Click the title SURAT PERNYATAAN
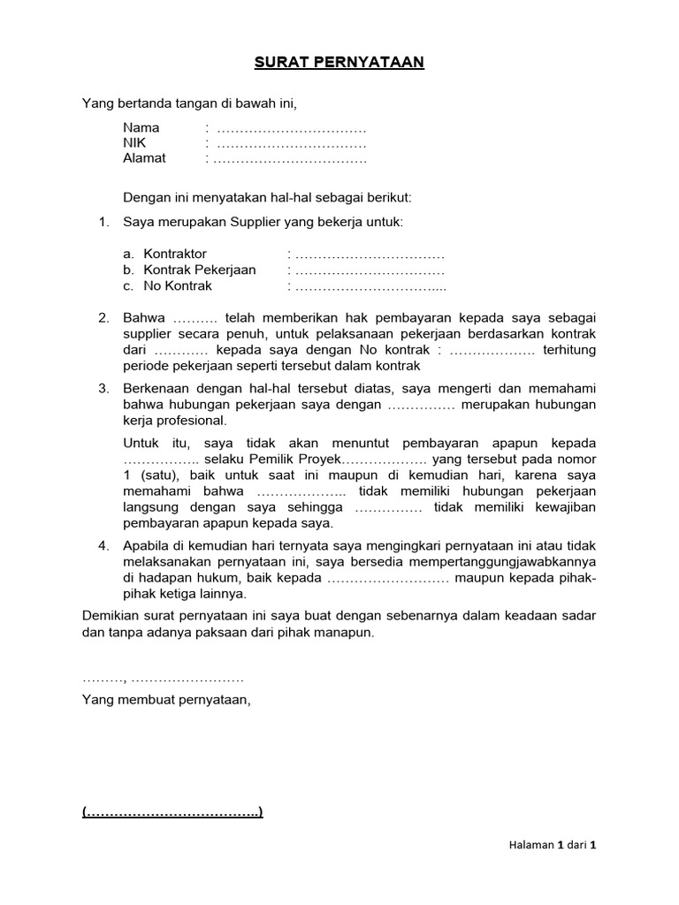tap(339, 63)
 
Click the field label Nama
tap(141, 127)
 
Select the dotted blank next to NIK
tap(291, 143)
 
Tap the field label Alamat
tap(144, 159)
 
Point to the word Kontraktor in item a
tap(175, 255)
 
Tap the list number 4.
tap(103, 546)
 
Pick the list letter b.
tap(128, 270)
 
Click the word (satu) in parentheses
tap(153, 475)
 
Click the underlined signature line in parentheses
tap(172, 812)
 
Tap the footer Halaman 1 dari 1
tap(546, 845)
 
